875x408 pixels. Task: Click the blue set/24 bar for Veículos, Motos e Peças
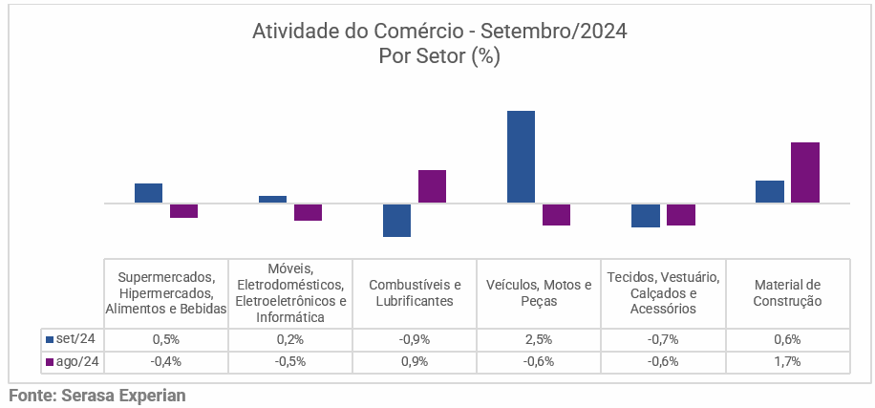coord(521,157)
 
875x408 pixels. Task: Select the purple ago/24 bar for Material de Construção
coord(805,172)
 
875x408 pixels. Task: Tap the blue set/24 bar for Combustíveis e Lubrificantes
coord(396,220)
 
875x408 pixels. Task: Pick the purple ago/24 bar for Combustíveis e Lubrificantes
coord(433,186)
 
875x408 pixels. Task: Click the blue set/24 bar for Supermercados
coord(148,193)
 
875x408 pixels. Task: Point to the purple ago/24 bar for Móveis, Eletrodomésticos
coord(308,212)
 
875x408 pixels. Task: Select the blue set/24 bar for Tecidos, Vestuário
coord(645,215)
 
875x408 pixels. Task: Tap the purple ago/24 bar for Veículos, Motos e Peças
coord(556,214)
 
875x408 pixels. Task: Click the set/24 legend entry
coord(72,339)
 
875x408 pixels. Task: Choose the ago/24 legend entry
coord(72,362)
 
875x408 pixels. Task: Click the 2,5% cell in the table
coord(539,339)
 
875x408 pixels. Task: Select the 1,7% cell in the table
coord(788,362)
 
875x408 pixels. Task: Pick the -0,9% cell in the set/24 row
coord(415,339)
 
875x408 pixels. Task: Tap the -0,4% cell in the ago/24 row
coord(166,362)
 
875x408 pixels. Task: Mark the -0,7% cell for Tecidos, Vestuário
coord(663,339)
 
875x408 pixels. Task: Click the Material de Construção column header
coord(788,292)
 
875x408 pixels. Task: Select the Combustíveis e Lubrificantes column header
coord(415,292)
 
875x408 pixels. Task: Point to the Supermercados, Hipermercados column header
coord(166,292)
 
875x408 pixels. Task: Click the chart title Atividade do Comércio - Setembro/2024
coord(438,32)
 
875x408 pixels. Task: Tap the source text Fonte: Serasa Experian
coord(97,395)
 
